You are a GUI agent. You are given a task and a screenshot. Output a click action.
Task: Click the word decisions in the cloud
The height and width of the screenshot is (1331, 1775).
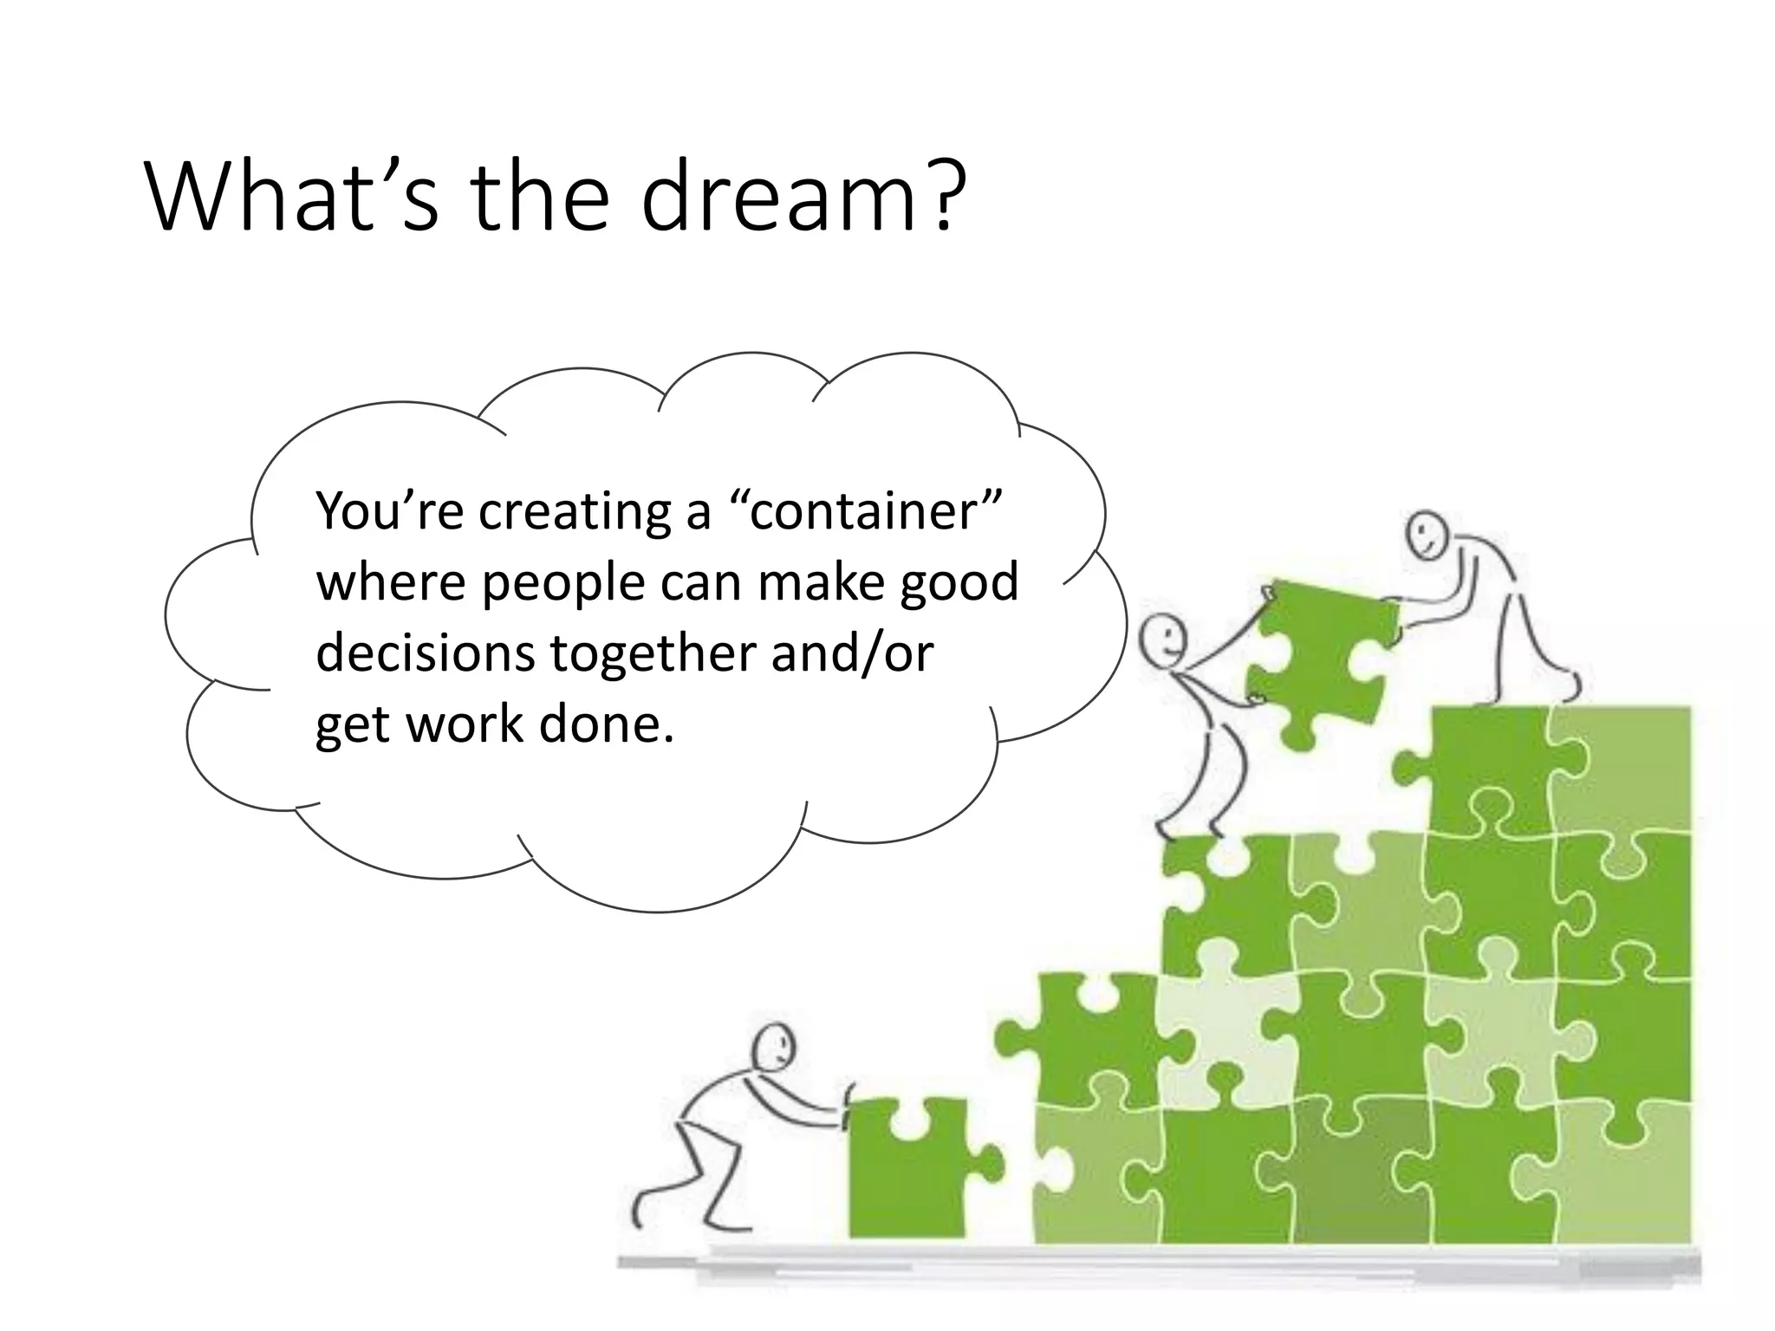click(x=425, y=653)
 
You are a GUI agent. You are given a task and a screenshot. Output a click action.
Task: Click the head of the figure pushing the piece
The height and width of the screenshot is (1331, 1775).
click(x=773, y=1049)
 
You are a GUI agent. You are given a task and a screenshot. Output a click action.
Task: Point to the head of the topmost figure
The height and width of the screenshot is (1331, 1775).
click(x=1426, y=535)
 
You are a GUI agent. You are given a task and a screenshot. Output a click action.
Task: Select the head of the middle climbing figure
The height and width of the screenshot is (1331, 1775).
click(x=1162, y=640)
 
